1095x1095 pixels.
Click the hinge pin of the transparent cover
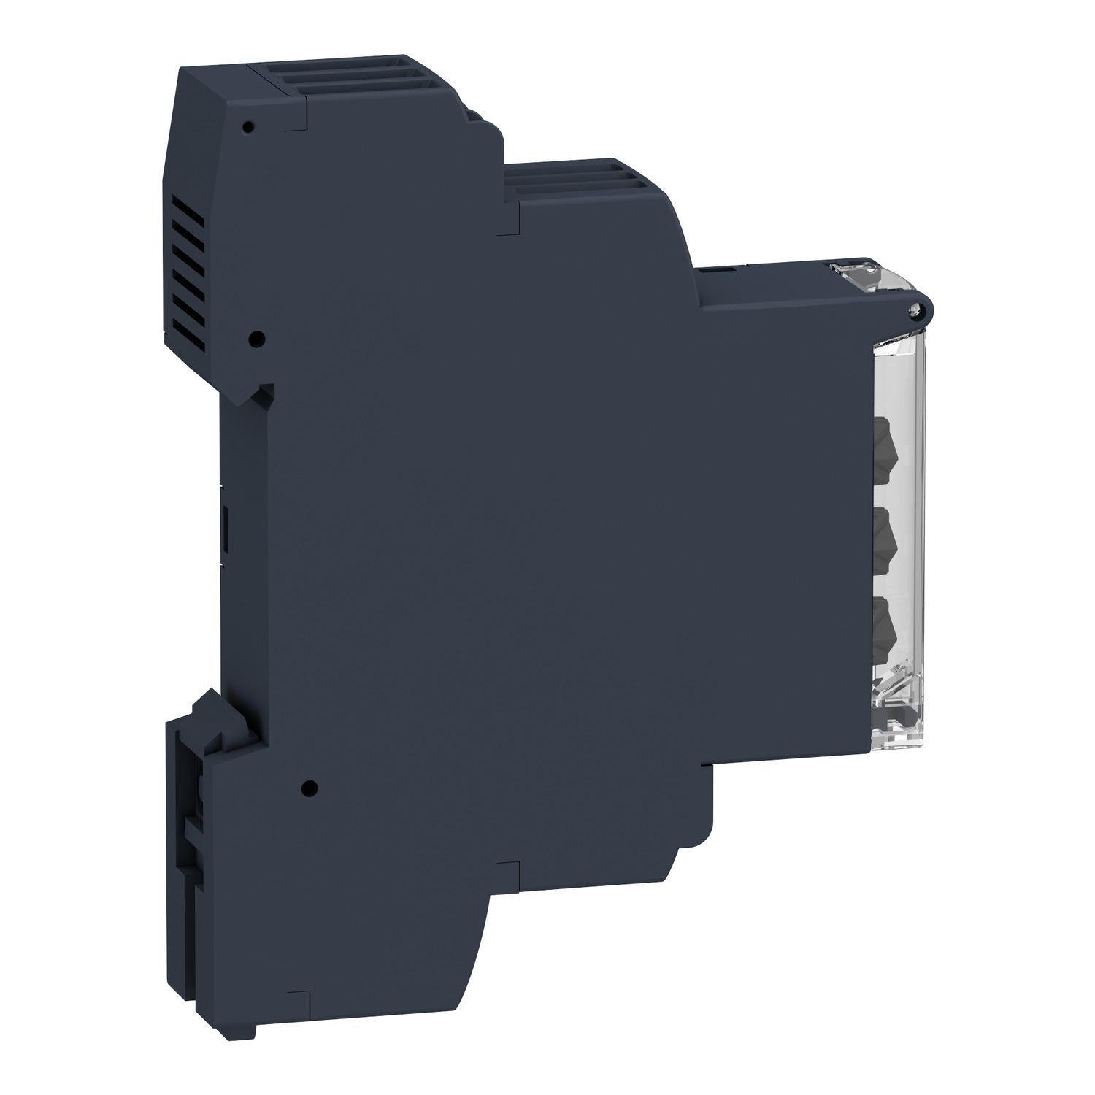(912, 312)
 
